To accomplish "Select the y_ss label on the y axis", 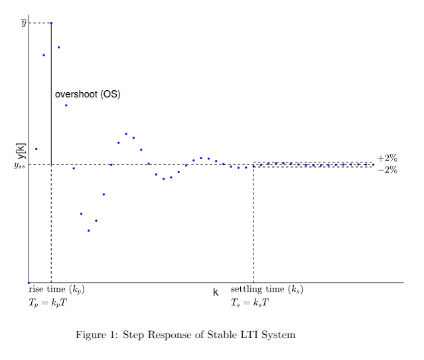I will pyautogui.click(x=19, y=165).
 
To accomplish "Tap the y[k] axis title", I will pyautogui.click(x=21, y=152).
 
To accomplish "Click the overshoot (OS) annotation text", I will pyautogui.click(x=87, y=94).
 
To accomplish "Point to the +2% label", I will pyautogui.click(x=387, y=158).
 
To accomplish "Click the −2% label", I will pyautogui.click(x=387, y=170).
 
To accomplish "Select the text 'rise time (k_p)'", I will pyautogui.click(x=56, y=290).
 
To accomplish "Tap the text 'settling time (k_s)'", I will pyautogui.click(x=267, y=290).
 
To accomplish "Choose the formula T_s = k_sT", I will pyautogui.click(x=249, y=303).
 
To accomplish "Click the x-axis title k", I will pyautogui.click(x=216, y=292).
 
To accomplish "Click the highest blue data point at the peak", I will pyautogui.click(x=51, y=23).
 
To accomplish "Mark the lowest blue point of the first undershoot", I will pyautogui.click(x=88, y=231).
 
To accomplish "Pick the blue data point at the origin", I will pyautogui.click(x=29, y=283).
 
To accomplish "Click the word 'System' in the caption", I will pyautogui.click(x=279, y=335).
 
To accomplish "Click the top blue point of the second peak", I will pyautogui.click(x=126, y=134).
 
